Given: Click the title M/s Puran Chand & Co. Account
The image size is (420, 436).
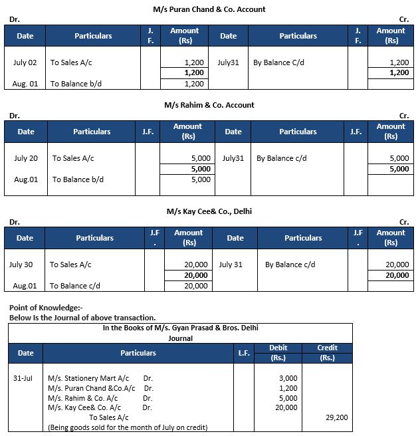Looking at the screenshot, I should click(209, 9).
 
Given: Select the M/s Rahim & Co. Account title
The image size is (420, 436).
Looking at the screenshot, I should click(209, 105).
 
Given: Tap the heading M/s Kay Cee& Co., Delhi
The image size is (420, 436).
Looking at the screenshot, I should click(209, 211).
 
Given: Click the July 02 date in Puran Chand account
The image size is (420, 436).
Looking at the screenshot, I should click(25, 62).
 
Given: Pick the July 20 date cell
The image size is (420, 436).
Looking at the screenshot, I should click(26, 158).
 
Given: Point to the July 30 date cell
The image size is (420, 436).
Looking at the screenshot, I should click(21, 265).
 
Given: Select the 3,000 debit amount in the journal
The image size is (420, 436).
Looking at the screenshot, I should click(287, 378).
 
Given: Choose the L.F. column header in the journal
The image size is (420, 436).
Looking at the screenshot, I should click(244, 353).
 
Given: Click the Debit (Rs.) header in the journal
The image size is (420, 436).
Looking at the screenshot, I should click(278, 353).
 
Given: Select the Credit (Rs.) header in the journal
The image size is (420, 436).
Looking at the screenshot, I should click(327, 353).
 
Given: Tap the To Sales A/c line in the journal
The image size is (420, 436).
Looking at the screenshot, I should click(108, 417).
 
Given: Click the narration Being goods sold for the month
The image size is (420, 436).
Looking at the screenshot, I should click(128, 427).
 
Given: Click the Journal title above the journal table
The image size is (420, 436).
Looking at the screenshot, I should click(181, 338).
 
